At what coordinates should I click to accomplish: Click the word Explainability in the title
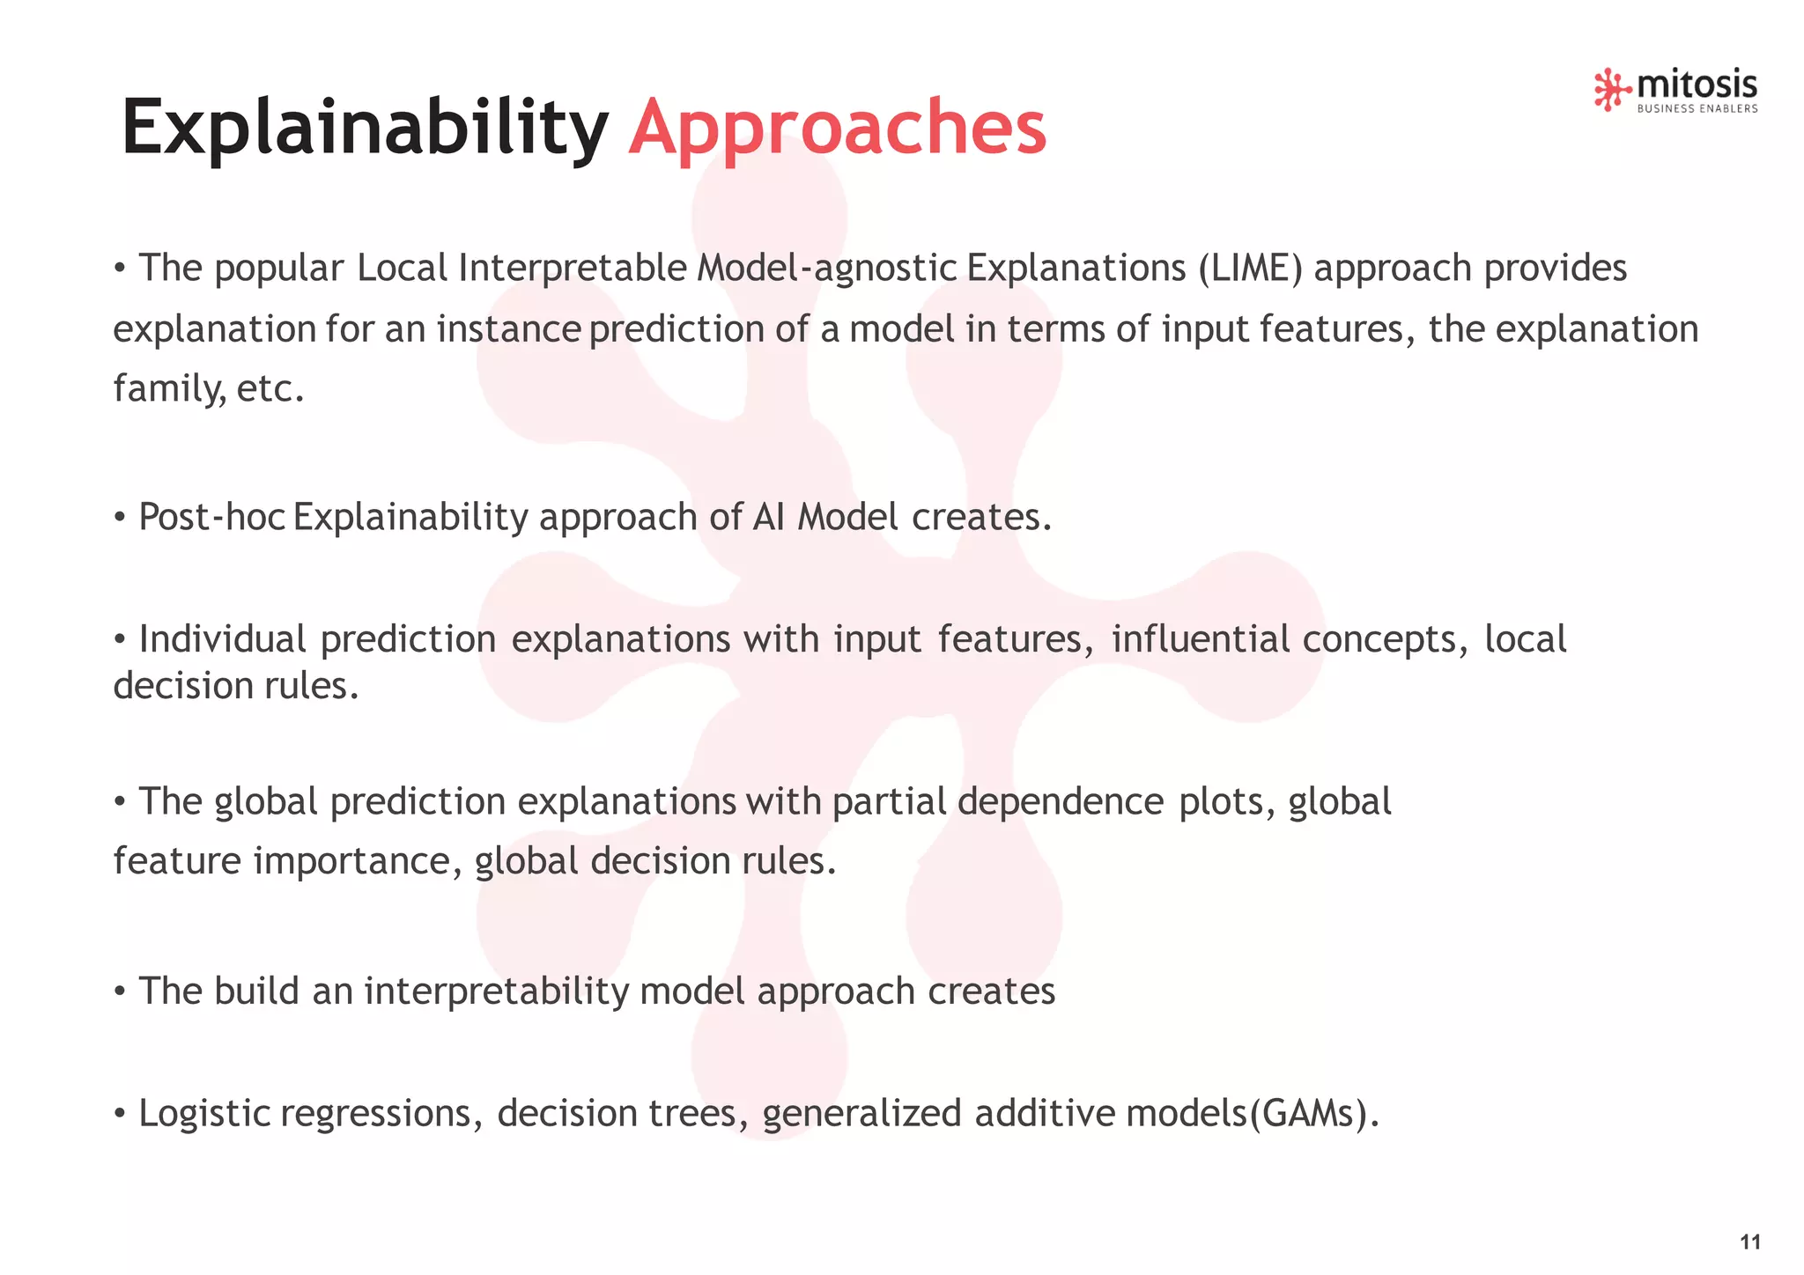click(x=364, y=128)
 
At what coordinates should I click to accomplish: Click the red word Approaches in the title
click(x=837, y=128)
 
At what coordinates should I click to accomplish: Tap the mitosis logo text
click(x=1697, y=85)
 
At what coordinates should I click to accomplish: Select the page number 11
click(x=1750, y=1242)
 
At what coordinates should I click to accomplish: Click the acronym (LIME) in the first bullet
click(x=1250, y=269)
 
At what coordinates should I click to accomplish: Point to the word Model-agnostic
click(x=826, y=269)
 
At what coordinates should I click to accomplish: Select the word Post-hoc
click(x=211, y=517)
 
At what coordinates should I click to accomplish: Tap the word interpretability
click(x=496, y=991)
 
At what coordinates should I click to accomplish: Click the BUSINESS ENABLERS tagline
click(x=1697, y=109)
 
